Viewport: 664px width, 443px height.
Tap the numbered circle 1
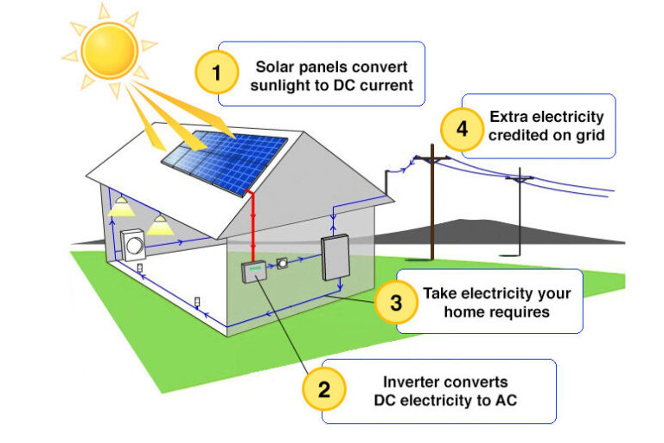click(x=216, y=74)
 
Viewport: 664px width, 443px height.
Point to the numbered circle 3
click(x=396, y=302)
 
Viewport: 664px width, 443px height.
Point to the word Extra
click(x=508, y=116)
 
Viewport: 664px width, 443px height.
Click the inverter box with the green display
click(x=254, y=271)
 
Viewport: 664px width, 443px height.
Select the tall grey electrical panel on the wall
click(x=335, y=257)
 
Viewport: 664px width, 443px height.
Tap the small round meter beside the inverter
click(x=283, y=263)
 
